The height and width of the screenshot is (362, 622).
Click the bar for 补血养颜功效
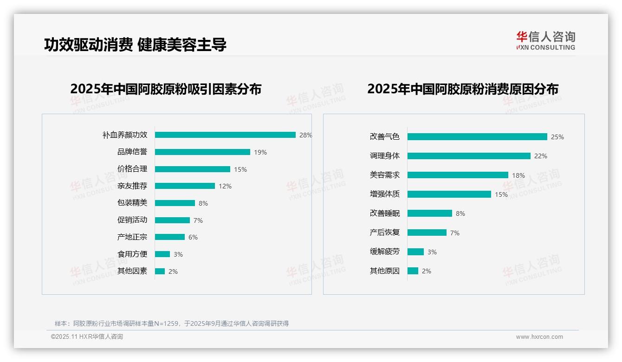225,135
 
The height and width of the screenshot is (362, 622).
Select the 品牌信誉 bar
202,152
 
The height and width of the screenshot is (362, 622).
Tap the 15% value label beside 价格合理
240,169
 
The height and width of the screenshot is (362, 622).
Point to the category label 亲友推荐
132,186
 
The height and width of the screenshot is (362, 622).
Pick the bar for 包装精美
175,203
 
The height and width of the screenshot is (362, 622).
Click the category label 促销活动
132,220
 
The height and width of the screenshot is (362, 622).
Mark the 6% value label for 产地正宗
193,237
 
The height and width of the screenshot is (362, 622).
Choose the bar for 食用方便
162,254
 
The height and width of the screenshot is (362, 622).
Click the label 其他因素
132,271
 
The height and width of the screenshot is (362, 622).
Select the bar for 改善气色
477,137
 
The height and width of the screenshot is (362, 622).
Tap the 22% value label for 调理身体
541,156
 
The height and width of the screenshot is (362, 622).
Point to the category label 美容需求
385,175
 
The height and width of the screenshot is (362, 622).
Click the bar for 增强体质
449,194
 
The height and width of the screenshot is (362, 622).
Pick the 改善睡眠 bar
430,213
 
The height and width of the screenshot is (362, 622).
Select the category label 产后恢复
385,233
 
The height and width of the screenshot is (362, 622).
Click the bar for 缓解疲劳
415,252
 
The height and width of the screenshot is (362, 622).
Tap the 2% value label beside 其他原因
427,271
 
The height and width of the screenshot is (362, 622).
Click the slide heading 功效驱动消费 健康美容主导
135,45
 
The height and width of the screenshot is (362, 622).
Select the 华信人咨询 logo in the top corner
546,40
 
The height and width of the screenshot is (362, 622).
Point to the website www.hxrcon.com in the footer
539,337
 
